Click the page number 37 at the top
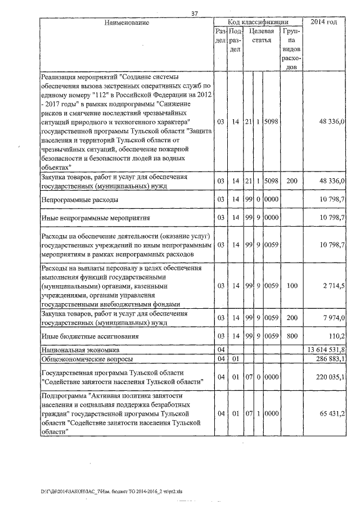pos(195,14)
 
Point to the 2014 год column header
pos(324,22)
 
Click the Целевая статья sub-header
pos(261,36)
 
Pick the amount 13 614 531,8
pos(325,350)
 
